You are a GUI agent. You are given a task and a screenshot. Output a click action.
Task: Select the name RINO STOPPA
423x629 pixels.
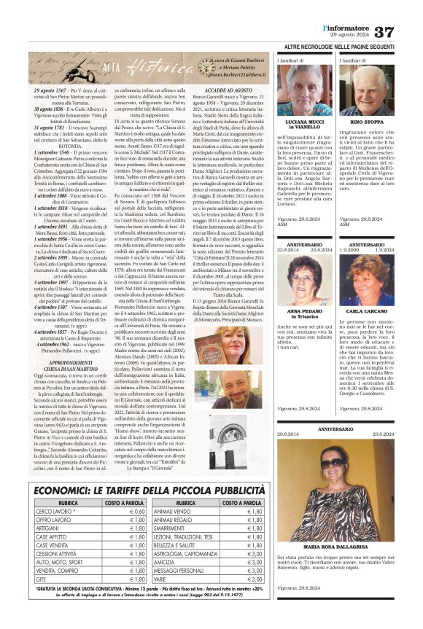(367, 122)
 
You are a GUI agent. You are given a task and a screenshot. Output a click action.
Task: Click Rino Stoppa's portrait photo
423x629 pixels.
(366, 89)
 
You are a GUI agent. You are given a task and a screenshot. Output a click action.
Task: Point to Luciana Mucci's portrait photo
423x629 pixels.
(305, 89)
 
